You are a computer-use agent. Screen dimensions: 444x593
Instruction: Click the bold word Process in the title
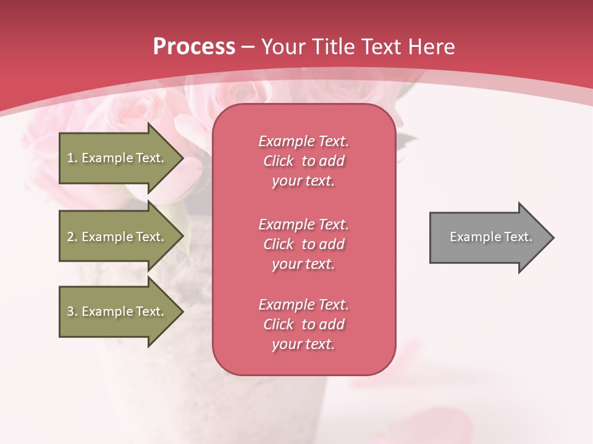pyautogui.click(x=194, y=47)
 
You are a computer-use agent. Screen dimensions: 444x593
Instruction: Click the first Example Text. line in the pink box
pyautogui.click(x=303, y=141)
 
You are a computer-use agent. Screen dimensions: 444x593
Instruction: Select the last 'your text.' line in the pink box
pyautogui.click(x=303, y=344)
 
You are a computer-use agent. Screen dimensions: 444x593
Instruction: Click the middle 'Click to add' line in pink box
pyautogui.click(x=303, y=244)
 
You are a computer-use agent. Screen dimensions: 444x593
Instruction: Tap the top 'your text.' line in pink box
pyautogui.click(x=303, y=181)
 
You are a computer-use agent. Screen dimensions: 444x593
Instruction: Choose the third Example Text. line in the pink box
pyautogui.click(x=303, y=305)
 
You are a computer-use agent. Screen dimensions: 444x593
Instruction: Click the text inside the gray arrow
pyautogui.click(x=491, y=237)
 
